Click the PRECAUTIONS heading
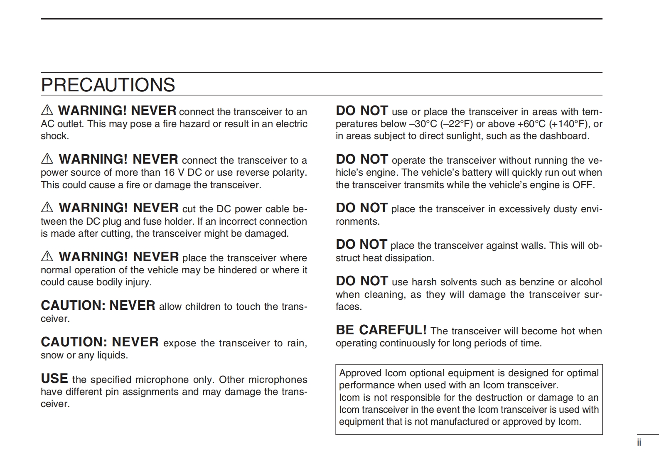(x=108, y=85)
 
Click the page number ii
(x=639, y=443)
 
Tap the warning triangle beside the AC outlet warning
(x=47, y=110)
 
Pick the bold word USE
(x=54, y=379)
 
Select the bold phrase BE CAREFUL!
(x=381, y=330)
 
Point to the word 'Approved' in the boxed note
(x=360, y=373)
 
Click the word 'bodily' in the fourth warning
(x=109, y=282)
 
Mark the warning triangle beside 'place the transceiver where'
(x=47, y=257)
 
